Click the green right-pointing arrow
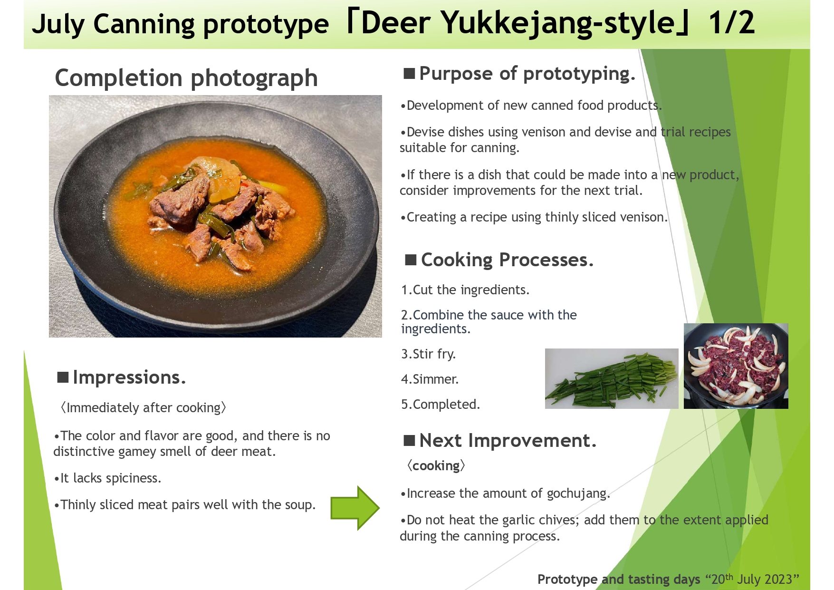(355, 508)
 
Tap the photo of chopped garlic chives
(612, 378)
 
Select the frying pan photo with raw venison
(736, 366)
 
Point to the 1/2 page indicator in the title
(732, 23)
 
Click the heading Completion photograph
(186, 78)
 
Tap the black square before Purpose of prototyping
(409, 74)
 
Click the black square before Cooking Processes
(411, 260)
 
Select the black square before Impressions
(63, 377)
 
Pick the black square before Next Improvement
(409, 441)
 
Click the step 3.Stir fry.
(429, 354)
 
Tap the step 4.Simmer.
(430, 379)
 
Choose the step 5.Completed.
(441, 404)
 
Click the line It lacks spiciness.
(107, 478)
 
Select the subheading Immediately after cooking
(143, 408)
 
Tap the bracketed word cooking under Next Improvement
(436, 466)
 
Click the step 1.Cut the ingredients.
(465, 290)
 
